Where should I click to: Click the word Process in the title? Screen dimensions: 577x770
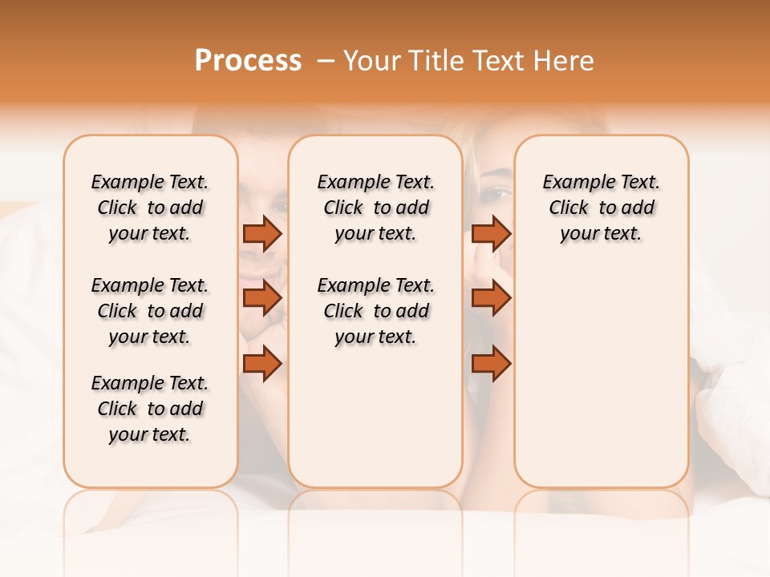tap(248, 61)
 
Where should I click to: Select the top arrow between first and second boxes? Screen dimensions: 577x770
tap(262, 233)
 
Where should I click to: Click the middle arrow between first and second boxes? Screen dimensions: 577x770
tap(262, 298)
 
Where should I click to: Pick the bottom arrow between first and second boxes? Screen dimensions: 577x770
tap(262, 364)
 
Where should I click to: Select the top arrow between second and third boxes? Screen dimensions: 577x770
tap(491, 233)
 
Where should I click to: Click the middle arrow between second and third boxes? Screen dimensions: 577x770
tap(491, 298)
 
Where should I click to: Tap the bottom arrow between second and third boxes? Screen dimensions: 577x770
tap(491, 364)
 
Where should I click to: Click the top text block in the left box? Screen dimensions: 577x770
tap(150, 208)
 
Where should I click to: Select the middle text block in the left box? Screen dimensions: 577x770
tap(150, 311)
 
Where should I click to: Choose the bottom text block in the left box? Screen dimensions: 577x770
tap(150, 409)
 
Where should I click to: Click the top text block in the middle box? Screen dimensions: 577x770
tap(376, 208)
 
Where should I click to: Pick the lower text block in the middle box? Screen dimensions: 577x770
tap(376, 311)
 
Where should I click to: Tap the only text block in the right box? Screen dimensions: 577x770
tap(602, 208)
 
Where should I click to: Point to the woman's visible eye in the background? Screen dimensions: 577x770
tap(498, 193)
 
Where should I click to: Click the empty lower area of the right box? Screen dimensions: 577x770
tap(602, 377)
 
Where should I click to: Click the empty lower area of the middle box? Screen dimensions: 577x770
tap(376, 417)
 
